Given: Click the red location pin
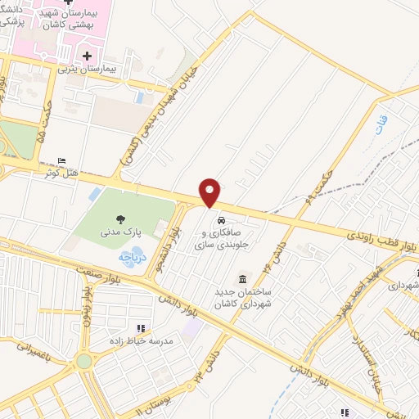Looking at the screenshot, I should click(x=210, y=191).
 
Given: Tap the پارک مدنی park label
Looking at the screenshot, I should click(x=121, y=232).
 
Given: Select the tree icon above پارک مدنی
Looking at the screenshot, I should click(x=121, y=219).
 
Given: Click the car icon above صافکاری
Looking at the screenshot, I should click(x=221, y=220).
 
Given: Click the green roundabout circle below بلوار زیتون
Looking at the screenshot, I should click(x=84, y=361).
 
